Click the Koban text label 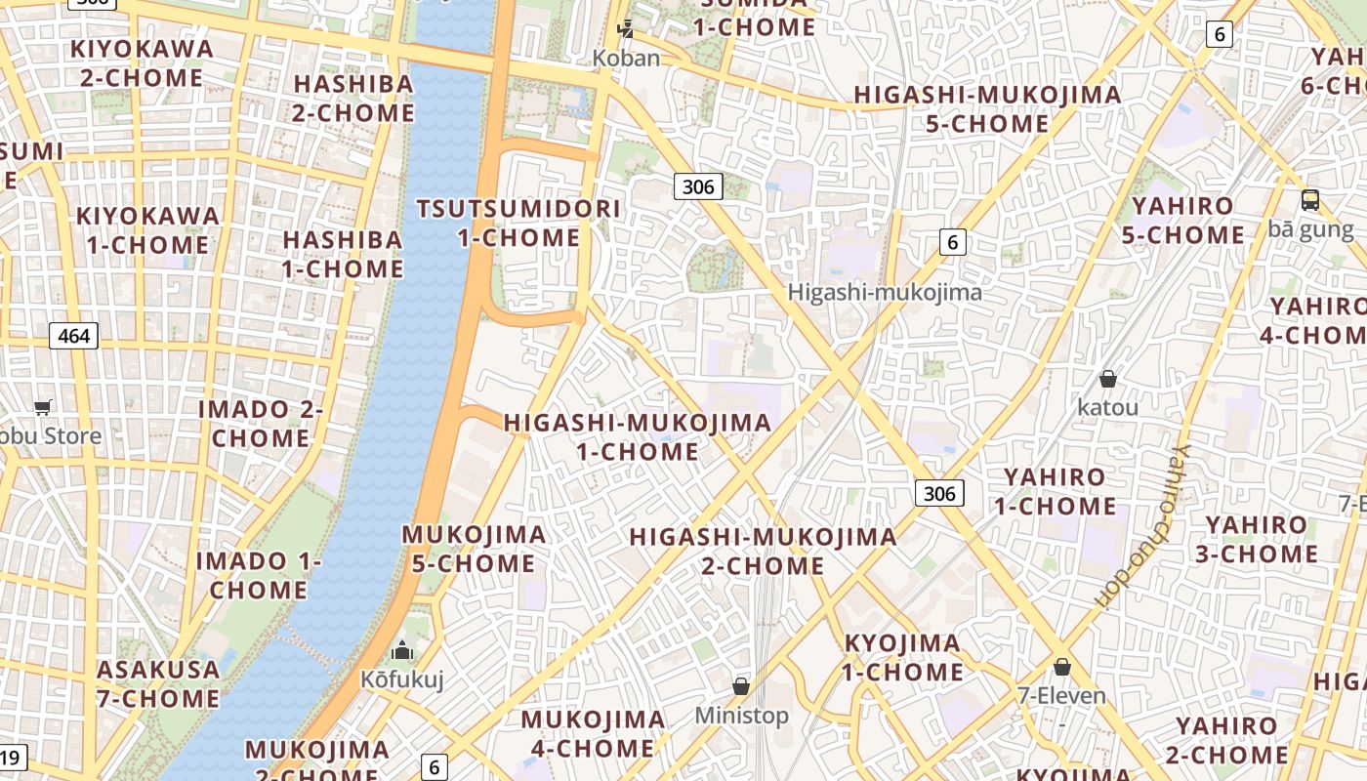[626, 59]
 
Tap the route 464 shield [73, 337]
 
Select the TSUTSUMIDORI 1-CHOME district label [518, 224]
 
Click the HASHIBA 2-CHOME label [353, 99]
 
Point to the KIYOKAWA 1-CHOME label [147, 230]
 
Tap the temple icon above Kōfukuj [402, 650]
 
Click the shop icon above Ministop [741, 686]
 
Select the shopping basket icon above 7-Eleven [1061, 667]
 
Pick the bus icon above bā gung [1310, 200]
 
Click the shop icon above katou [1107, 378]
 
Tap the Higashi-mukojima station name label [885, 292]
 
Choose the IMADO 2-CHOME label [261, 424]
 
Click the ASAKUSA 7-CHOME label [158, 684]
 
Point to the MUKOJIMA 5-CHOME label [474, 549]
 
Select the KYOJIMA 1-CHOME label [902, 658]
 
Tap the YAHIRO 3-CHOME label [1261, 540]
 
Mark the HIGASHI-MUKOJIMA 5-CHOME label [988, 109]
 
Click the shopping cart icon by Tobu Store [42, 407]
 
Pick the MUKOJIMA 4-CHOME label [593, 734]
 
